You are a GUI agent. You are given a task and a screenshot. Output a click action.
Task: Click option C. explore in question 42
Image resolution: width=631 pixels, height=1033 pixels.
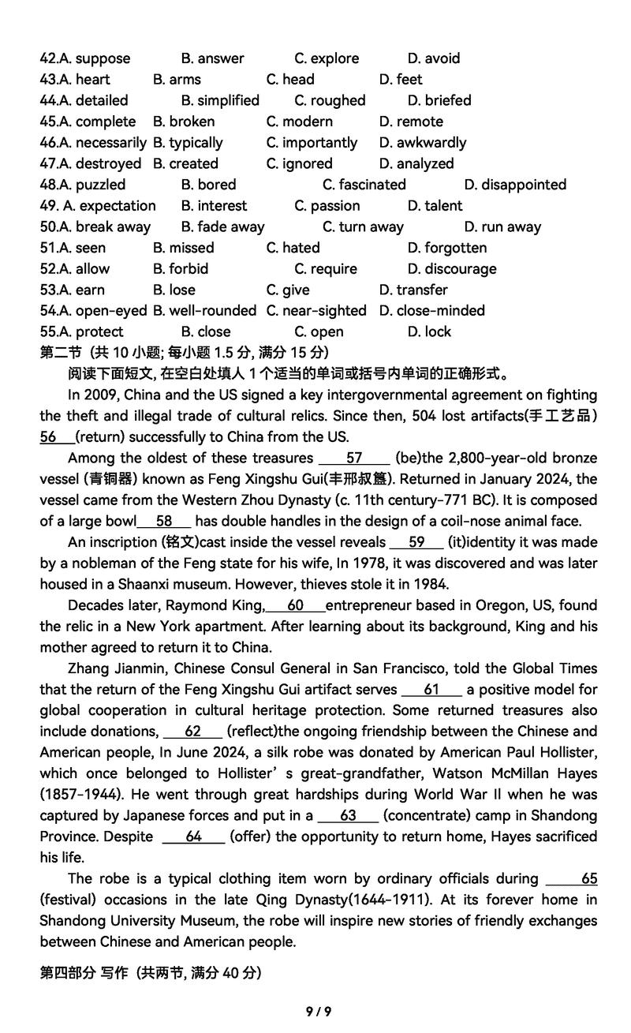(x=327, y=58)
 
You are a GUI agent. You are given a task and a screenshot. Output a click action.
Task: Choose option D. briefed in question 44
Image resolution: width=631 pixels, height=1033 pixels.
(x=439, y=100)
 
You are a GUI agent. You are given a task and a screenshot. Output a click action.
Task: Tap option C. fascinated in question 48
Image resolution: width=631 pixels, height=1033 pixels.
(x=364, y=185)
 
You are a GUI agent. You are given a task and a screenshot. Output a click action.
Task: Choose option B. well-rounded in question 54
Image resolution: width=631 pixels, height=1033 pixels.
(x=204, y=311)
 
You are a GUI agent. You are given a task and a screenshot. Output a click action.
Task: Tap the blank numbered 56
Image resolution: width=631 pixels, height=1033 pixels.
(x=56, y=437)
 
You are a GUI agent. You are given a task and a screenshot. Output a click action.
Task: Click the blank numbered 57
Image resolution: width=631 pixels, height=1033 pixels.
(x=354, y=458)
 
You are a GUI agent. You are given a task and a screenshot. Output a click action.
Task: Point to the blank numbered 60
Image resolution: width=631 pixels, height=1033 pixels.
(x=296, y=605)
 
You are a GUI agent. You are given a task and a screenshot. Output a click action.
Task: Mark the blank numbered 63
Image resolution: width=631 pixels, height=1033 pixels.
(x=348, y=816)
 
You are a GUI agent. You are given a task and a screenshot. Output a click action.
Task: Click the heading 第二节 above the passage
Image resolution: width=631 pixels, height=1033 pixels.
(x=62, y=353)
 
